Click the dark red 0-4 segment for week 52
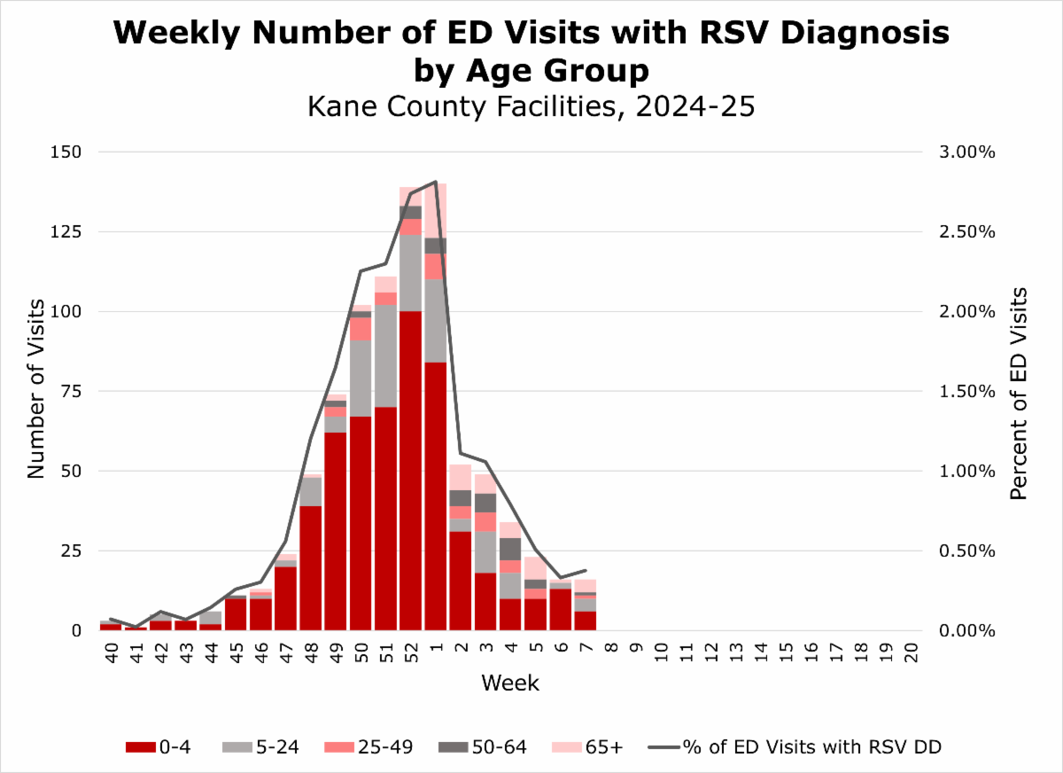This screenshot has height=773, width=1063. [410, 470]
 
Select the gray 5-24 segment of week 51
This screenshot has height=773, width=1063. [385, 355]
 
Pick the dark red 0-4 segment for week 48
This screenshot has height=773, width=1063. [310, 567]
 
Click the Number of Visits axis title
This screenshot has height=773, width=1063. [35, 390]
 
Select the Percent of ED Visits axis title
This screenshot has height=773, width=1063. [1020, 392]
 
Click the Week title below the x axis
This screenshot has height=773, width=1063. [510, 683]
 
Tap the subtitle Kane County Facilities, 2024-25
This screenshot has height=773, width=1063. [531, 106]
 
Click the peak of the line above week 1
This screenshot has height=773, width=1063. [435, 182]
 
